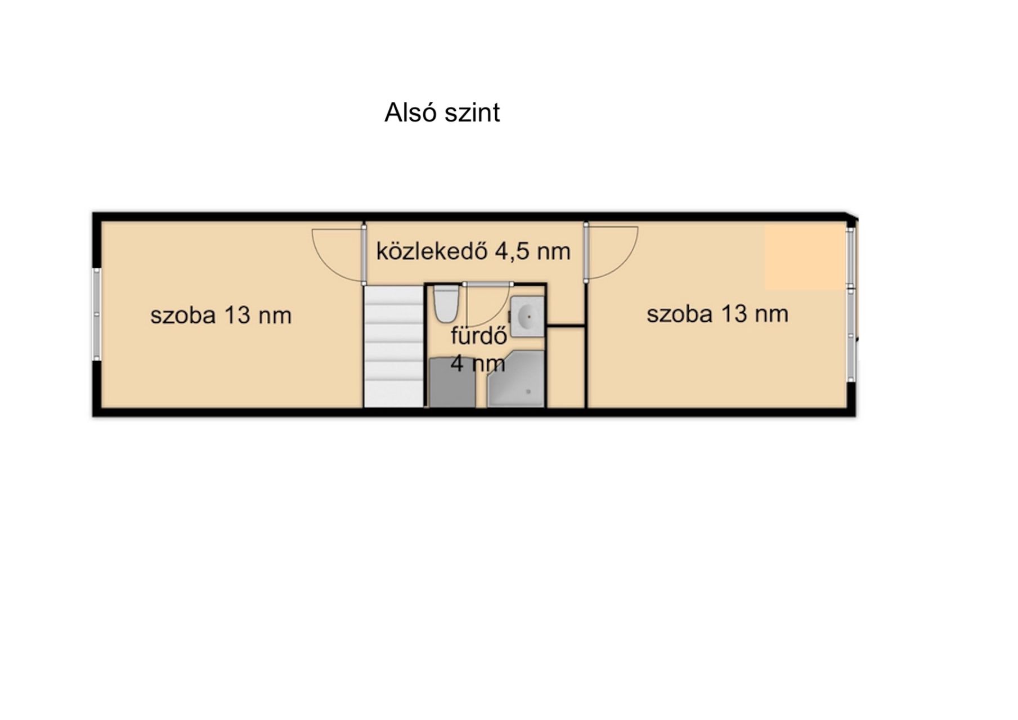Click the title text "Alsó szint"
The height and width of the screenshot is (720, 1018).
coord(442,112)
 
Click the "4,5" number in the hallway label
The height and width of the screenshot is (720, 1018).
coord(512,251)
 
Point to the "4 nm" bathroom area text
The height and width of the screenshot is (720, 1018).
coord(478,363)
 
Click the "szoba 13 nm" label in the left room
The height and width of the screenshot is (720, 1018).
coord(221,315)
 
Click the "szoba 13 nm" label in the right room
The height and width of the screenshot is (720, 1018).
coord(717,313)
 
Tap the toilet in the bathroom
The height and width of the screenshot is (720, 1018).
coord(446,303)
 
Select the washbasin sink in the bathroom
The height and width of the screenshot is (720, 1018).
coord(527,317)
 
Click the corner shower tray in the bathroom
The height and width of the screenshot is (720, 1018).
coord(516,379)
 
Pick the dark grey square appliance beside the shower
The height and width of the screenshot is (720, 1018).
coord(452,382)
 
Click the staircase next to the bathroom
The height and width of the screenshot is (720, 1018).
coord(393,346)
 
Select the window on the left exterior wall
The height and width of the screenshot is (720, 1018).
coord(97,314)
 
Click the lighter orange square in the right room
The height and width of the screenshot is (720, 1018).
coord(806,258)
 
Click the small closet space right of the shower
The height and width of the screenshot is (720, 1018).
coord(566,367)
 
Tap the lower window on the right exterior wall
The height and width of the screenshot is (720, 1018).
coord(851,335)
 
